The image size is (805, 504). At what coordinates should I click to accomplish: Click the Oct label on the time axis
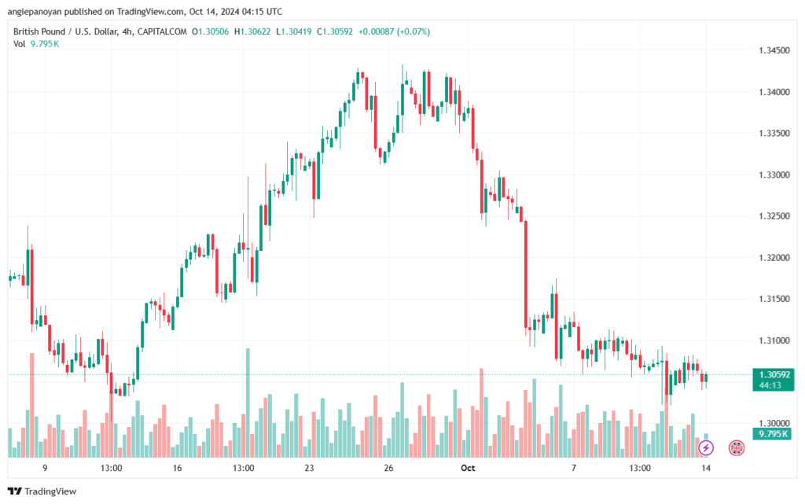pyautogui.click(x=469, y=468)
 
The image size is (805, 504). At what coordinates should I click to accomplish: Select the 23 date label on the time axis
pyautogui.click(x=309, y=468)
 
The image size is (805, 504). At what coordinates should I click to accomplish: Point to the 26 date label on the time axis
pyautogui.click(x=388, y=468)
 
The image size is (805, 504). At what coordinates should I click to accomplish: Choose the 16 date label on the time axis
pyautogui.click(x=177, y=468)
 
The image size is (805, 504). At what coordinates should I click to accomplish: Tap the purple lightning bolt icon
pyautogui.click(x=706, y=448)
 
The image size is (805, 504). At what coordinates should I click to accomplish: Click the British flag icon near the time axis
pyautogui.click(x=737, y=448)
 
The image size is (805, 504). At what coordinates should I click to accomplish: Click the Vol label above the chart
pyautogui.click(x=20, y=44)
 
